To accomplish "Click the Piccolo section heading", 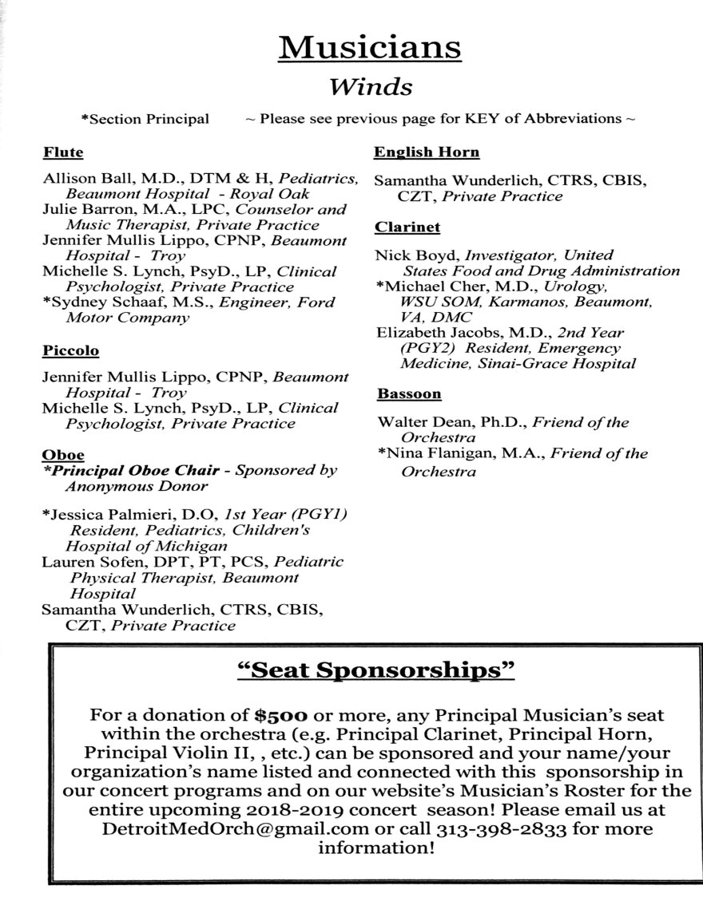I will click(x=70, y=350).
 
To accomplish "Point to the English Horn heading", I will click(x=427, y=152).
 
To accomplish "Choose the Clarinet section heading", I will click(x=407, y=227).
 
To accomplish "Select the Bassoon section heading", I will click(x=409, y=393).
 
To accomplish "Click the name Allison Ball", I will click(x=79, y=179).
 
